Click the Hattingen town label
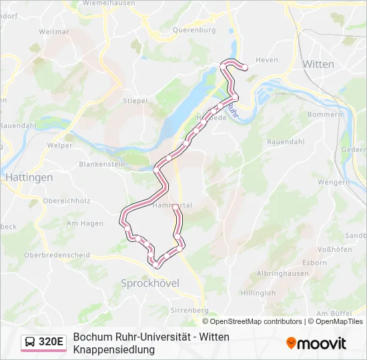click(29, 177)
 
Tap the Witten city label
click(318, 65)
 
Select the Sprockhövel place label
click(150, 283)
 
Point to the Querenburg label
click(194, 30)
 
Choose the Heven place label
click(266, 60)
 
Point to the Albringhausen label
click(282, 273)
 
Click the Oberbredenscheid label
click(57, 255)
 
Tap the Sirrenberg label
click(190, 311)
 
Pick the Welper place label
click(60, 145)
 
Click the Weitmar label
click(53, 31)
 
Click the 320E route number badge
click(51, 343)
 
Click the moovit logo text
click(322, 343)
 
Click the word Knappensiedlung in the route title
click(114, 349)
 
